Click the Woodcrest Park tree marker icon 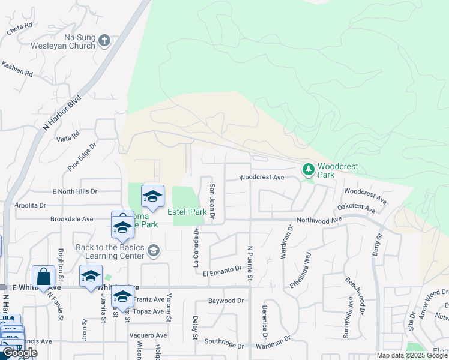coord(309,170)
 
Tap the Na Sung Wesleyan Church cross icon coord(104,41)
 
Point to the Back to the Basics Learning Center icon coord(153,250)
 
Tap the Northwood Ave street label coord(319,221)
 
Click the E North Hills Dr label coord(75,191)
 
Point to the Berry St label coord(378,245)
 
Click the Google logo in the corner coord(19,353)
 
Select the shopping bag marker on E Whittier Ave coord(43,277)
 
